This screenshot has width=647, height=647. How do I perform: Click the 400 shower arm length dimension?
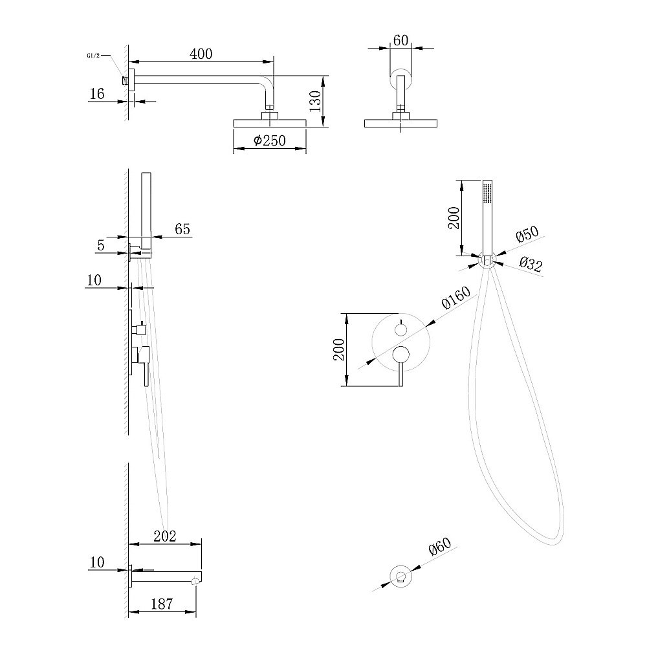(201, 54)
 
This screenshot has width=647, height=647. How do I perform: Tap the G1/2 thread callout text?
(93, 55)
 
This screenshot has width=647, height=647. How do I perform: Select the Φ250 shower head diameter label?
(269, 140)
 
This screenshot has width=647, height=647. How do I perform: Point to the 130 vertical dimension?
(315, 102)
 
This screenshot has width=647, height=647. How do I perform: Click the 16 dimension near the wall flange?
(97, 94)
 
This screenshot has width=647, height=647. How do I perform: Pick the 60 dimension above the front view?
(400, 40)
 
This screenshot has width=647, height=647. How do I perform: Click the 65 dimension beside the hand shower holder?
(182, 228)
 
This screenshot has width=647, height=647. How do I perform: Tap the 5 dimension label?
(101, 245)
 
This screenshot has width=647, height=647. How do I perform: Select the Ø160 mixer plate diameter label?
(455, 297)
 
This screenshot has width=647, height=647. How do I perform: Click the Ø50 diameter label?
(527, 234)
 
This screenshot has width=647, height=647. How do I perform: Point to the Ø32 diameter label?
(531, 264)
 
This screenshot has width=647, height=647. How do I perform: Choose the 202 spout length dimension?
(164, 536)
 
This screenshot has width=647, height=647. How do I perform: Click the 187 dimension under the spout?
(162, 604)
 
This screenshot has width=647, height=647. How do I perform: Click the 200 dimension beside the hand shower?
(454, 218)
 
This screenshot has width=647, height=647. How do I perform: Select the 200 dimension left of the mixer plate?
(339, 349)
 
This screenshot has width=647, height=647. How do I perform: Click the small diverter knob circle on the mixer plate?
(400, 329)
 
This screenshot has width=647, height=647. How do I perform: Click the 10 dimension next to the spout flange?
(97, 562)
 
